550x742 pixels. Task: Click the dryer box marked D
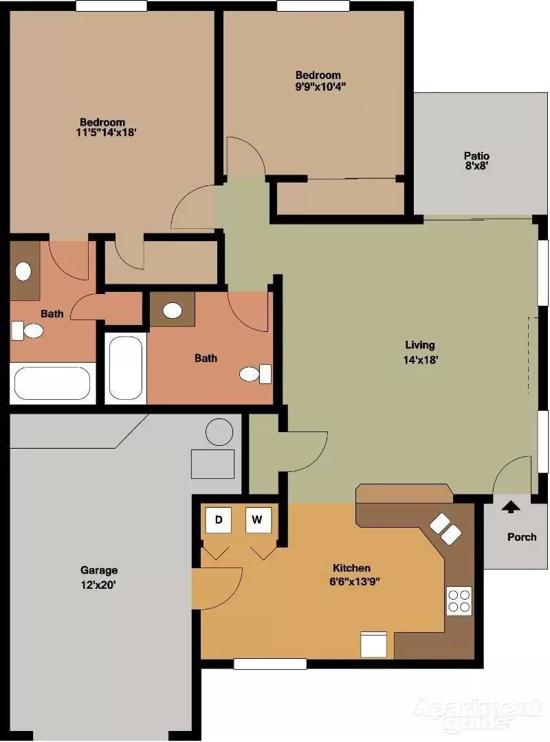point(219,520)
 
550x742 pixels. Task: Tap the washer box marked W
point(258,520)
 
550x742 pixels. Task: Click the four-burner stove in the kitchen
point(459,601)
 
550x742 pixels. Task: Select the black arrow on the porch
point(510,507)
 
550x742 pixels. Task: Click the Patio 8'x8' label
point(476,161)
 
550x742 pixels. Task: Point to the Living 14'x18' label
point(420,352)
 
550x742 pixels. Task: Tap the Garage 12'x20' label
point(98,577)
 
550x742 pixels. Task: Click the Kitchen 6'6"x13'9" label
point(354,574)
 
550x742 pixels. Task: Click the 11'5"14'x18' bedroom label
point(106,127)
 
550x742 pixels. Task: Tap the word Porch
point(522,537)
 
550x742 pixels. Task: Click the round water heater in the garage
point(219,432)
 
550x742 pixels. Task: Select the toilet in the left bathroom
point(27,330)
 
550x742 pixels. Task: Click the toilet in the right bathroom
point(255,374)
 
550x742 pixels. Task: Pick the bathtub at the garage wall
point(52,383)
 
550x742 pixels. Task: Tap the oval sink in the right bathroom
point(173,311)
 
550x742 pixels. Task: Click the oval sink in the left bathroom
point(23,271)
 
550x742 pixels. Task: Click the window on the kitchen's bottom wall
point(270,664)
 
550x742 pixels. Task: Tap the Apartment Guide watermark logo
point(478,715)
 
